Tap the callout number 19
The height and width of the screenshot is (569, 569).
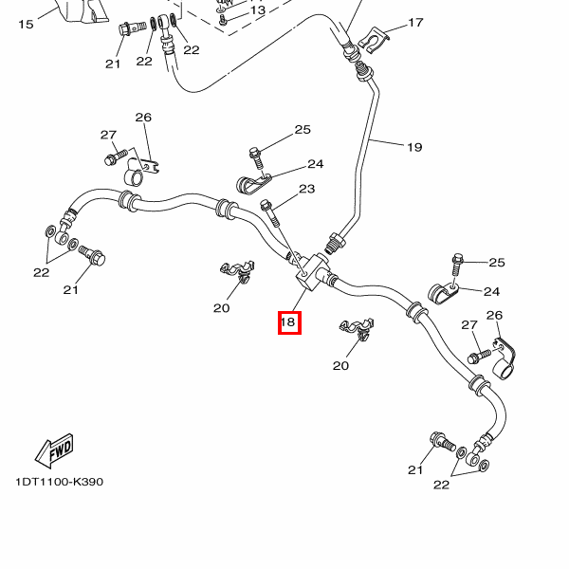[x=414, y=147]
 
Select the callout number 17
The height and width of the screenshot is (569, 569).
[x=415, y=23]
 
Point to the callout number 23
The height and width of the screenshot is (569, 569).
[x=306, y=190]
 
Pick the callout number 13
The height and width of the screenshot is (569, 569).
[x=258, y=9]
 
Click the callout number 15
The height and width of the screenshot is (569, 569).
[x=26, y=24]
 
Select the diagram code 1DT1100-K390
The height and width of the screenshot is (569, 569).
[x=59, y=482]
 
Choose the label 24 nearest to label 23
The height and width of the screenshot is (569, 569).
[x=315, y=164]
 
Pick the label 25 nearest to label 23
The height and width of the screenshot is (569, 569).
[x=303, y=130]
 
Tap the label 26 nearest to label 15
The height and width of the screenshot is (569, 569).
[x=143, y=118]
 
